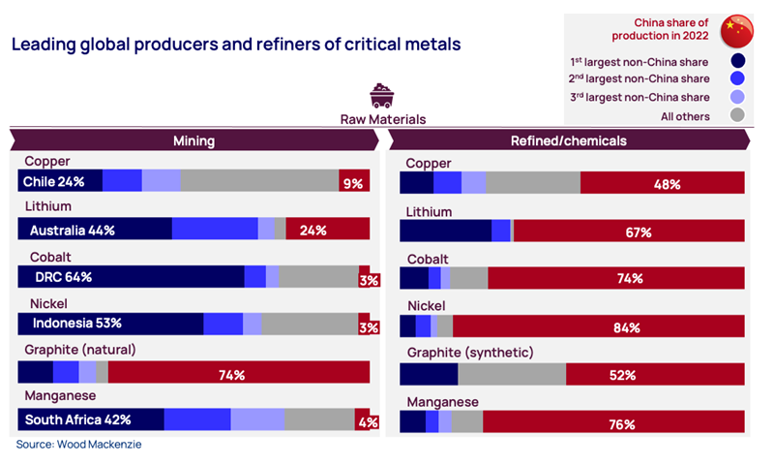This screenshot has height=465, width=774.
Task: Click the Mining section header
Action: click(x=193, y=140)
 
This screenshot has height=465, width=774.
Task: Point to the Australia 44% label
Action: click(x=73, y=230)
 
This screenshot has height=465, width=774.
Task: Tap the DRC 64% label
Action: click(x=63, y=277)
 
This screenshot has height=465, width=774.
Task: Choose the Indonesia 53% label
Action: click(x=77, y=323)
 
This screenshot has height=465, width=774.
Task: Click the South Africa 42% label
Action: click(x=77, y=419)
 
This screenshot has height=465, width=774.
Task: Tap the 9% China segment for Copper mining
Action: click(x=353, y=181)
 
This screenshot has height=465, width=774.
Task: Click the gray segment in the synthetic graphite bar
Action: click(x=512, y=374)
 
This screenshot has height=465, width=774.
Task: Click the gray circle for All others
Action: click(x=738, y=116)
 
